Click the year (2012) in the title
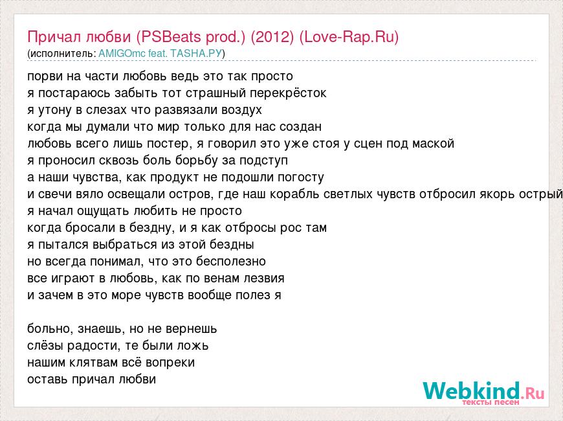272,37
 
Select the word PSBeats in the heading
171,37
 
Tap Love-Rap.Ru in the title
349,37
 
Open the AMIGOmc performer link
122,54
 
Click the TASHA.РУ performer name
196,54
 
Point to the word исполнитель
61,54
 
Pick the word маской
433,143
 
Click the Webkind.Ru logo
483,391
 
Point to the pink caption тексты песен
491,402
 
